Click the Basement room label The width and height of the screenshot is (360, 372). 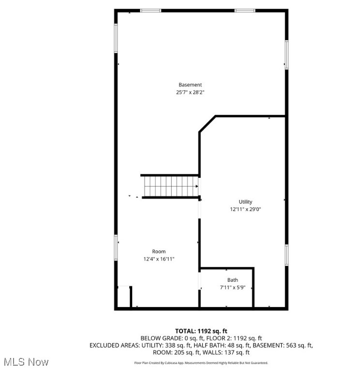point(190,85)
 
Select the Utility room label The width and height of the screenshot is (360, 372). point(245,202)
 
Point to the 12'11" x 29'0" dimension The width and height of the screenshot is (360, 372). point(245,209)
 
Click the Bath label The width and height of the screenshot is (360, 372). point(233,280)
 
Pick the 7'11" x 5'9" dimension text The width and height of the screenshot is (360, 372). point(233,287)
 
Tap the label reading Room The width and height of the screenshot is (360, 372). point(159,251)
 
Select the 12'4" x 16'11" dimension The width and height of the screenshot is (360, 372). point(159,259)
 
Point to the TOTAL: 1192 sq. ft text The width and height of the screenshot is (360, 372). point(201,331)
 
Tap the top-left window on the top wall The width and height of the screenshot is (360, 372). point(150,10)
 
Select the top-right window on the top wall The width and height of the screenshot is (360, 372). point(245,10)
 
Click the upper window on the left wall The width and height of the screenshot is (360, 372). point(116,38)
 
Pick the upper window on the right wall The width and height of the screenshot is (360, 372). point(286,54)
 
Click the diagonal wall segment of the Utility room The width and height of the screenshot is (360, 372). point(207,124)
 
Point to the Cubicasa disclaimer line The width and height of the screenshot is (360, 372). point(201,363)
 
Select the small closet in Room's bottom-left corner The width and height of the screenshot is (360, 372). point(124,296)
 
